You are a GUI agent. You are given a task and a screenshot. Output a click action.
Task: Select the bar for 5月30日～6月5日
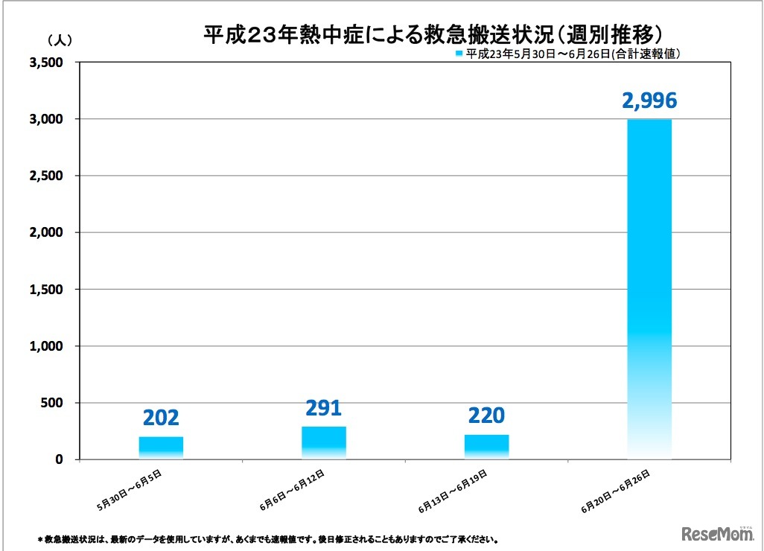click(x=161, y=448)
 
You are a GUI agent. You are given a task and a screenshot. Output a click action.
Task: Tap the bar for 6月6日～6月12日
click(x=323, y=442)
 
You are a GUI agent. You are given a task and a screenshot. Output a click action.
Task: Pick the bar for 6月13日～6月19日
click(x=486, y=447)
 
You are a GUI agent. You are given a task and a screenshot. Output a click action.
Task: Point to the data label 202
click(x=161, y=418)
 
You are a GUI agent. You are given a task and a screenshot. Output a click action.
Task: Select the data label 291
click(x=323, y=408)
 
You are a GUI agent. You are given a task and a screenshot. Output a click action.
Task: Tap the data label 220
click(x=486, y=415)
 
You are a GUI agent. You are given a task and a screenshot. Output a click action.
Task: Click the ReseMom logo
click(x=716, y=534)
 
